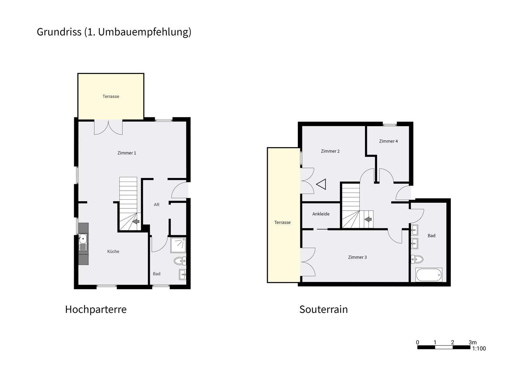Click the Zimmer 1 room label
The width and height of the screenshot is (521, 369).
click(x=127, y=153)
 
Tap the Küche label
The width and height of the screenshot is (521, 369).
click(x=113, y=252)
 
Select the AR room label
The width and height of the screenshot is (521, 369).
click(x=157, y=205)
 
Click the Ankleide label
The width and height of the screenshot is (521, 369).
click(x=321, y=214)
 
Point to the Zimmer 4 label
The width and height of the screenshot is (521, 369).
click(x=388, y=141)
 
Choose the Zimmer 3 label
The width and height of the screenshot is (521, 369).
click(x=357, y=257)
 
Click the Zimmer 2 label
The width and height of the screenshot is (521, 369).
click(x=330, y=151)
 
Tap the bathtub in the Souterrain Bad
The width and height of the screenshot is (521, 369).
click(x=429, y=275)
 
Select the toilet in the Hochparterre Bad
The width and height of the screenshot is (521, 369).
click(x=179, y=261)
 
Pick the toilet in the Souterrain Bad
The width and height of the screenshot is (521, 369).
click(x=417, y=259)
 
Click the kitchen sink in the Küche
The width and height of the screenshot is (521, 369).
click(x=83, y=239)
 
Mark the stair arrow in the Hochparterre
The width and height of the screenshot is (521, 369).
click(x=136, y=221)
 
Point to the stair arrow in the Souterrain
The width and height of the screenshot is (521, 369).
click(x=368, y=219)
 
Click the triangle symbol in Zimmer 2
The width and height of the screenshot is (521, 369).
click(x=322, y=184)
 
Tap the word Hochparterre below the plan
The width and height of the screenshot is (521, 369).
click(x=96, y=310)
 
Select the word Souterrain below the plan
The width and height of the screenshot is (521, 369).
click(x=323, y=310)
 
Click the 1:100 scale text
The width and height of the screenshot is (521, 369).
click(x=479, y=349)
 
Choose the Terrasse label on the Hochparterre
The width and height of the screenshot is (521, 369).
click(x=111, y=96)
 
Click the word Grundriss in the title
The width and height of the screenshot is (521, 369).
click(x=59, y=32)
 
